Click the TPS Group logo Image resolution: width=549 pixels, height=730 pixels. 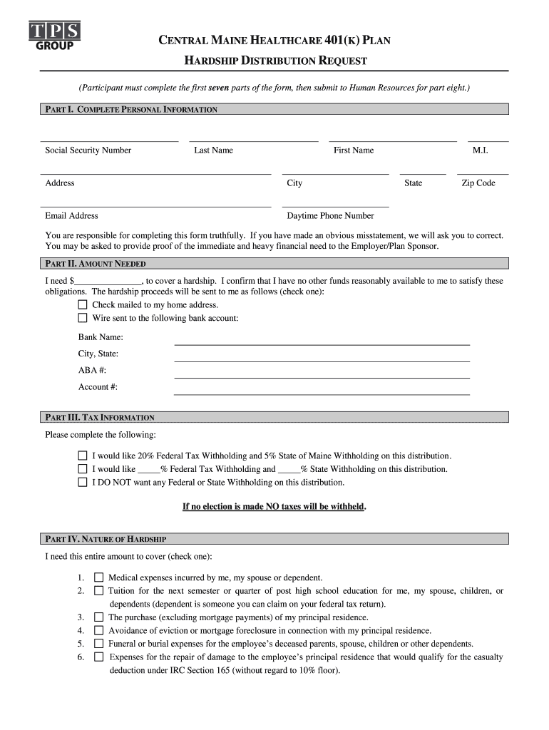pyautogui.click(x=54, y=34)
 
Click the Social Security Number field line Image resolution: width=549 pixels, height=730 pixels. pyautogui.click(x=109, y=141)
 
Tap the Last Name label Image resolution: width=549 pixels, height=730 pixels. pyautogui.click(x=213, y=150)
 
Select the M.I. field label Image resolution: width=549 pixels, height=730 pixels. pyautogui.click(x=480, y=150)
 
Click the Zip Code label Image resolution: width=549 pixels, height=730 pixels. pyautogui.click(x=478, y=183)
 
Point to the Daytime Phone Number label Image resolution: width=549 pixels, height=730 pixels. pyautogui.click(x=330, y=216)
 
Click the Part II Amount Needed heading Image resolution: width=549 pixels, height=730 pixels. pyautogui.click(x=96, y=264)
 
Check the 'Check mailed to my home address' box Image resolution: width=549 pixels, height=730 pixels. pyautogui.click(x=83, y=305)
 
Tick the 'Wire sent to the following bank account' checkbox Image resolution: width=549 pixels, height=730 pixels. pyautogui.click(x=83, y=319)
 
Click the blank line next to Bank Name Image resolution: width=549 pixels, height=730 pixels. pyautogui.click(x=322, y=344)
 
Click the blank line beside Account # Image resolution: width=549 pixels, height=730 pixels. pyautogui.click(x=322, y=394)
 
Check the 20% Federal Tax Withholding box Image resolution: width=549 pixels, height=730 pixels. pyautogui.click(x=83, y=456)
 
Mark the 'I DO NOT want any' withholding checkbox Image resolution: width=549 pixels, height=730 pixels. pyautogui.click(x=83, y=483)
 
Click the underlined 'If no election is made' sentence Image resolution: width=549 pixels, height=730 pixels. pyautogui.click(x=274, y=507)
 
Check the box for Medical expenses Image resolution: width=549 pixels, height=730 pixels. pyautogui.click(x=98, y=577)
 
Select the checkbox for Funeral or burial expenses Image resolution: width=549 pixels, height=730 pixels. pyautogui.click(x=98, y=644)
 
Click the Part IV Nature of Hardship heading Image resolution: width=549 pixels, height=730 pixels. pyautogui.click(x=106, y=539)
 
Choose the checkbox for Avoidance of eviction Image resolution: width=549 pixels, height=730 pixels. pyautogui.click(x=98, y=630)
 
